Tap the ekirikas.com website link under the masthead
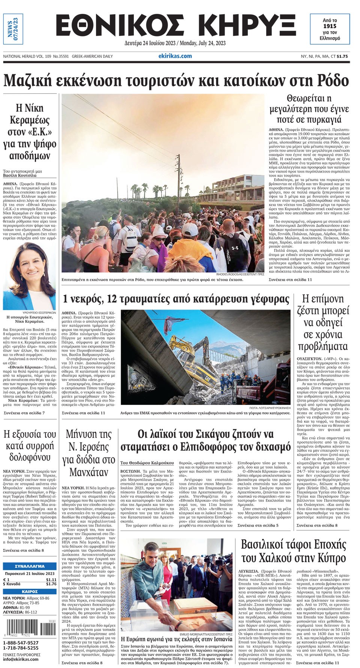pyautogui.click(x=175, y=56)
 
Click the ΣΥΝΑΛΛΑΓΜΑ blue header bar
pyautogui.click(x=30, y=566)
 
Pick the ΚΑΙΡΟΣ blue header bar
pyautogui.click(x=30, y=592)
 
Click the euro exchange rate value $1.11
pyautogui.click(x=51, y=580)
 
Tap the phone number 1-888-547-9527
pyautogui.click(x=21, y=643)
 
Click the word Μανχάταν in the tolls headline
pyautogui.click(x=88, y=472)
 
